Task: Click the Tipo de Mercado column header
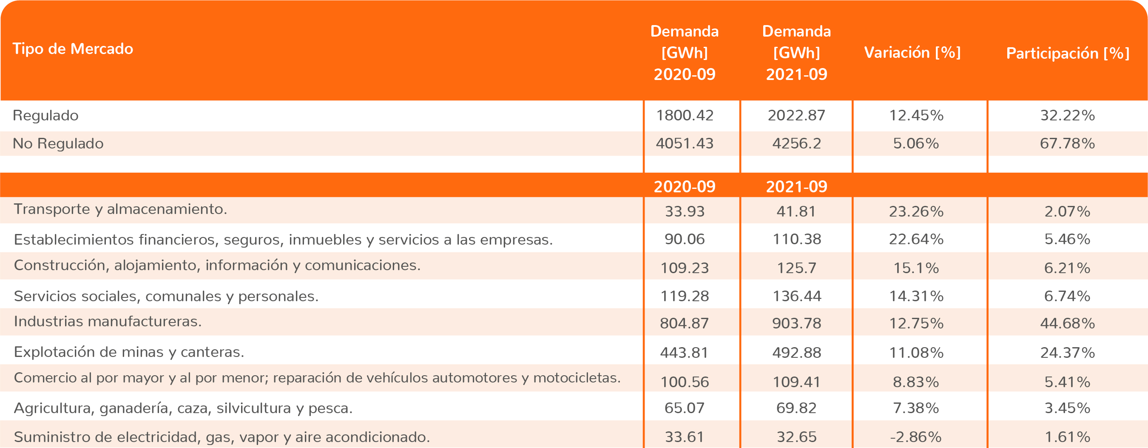(x=73, y=49)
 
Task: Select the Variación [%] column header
(x=912, y=53)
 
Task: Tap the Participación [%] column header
(x=1067, y=54)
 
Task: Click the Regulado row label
(x=45, y=115)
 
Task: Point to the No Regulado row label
(x=58, y=143)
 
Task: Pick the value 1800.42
(x=685, y=115)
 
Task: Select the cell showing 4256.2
(x=796, y=143)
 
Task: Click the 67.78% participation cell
(x=1067, y=143)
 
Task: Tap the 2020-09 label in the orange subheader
(x=685, y=186)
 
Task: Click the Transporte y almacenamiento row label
(x=120, y=209)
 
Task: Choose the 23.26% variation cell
(x=916, y=211)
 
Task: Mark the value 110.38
(x=796, y=240)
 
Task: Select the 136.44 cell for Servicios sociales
(x=796, y=296)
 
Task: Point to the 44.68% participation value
(x=1067, y=323)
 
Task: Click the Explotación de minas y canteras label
(x=129, y=352)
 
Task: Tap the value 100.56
(x=685, y=382)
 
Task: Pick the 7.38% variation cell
(x=916, y=408)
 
